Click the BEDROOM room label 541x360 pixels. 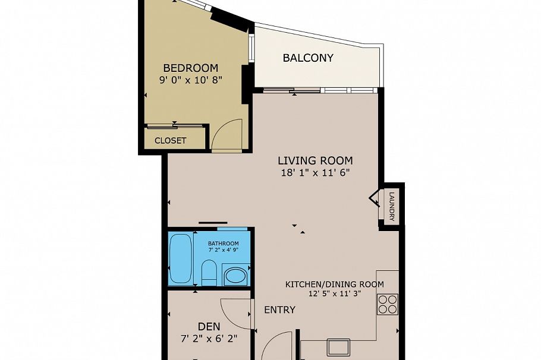(x=190, y=68)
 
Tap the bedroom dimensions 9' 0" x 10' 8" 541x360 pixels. (x=190, y=80)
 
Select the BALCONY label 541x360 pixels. (x=308, y=58)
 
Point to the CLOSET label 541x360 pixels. (x=171, y=141)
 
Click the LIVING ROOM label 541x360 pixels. (x=315, y=160)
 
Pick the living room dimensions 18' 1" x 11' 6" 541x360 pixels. (x=316, y=172)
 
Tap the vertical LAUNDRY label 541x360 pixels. (x=391, y=207)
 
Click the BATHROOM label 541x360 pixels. (x=223, y=244)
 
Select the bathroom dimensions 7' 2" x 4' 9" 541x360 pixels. (x=223, y=250)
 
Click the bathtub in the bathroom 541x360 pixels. (x=181, y=258)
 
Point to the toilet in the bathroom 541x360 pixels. (x=208, y=272)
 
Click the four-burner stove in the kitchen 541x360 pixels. (x=388, y=304)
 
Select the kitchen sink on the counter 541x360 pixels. (x=338, y=347)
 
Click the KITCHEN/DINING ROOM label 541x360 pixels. (x=334, y=285)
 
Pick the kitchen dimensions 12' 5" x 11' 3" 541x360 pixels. (x=335, y=294)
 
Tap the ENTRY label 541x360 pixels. (x=279, y=310)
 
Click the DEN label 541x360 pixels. (x=209, y=326)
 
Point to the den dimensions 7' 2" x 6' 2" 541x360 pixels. (x=209, y=339)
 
